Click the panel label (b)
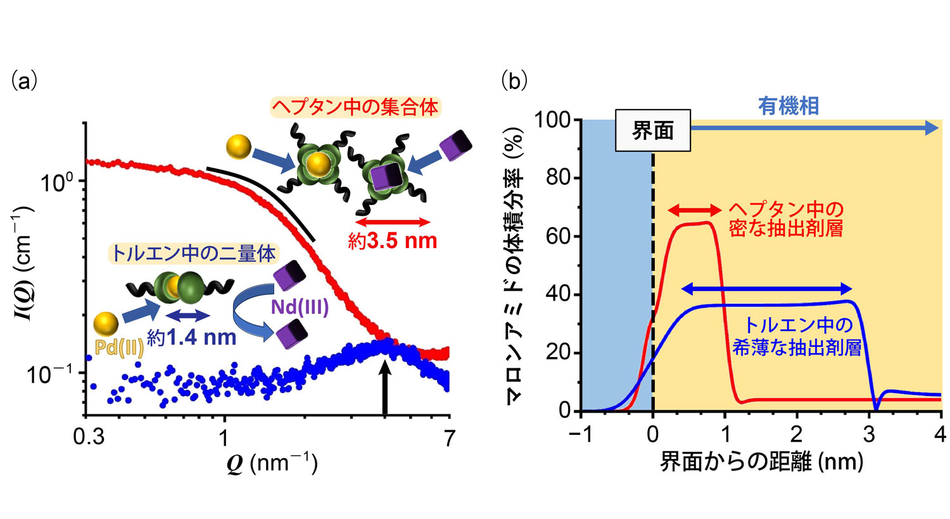[x=514, y=82]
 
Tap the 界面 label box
[x=652, y=131]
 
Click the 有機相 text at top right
[x=788, y=106]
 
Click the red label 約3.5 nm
[x=393, y=241]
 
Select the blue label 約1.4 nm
[x=192, y=337]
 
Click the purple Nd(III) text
[x=300, y=308]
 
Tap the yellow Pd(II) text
[x=120, y=347]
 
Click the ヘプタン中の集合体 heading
[x=355, y=107]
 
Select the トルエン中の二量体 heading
[x=193, y=254]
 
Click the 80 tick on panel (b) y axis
[x=559, y=178]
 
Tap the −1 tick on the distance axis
[x=581, y=435]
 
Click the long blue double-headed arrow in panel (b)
[x=767, y=290]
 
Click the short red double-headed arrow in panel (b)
[x=694, y=210]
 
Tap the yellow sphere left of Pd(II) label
[x=105, y=324]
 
